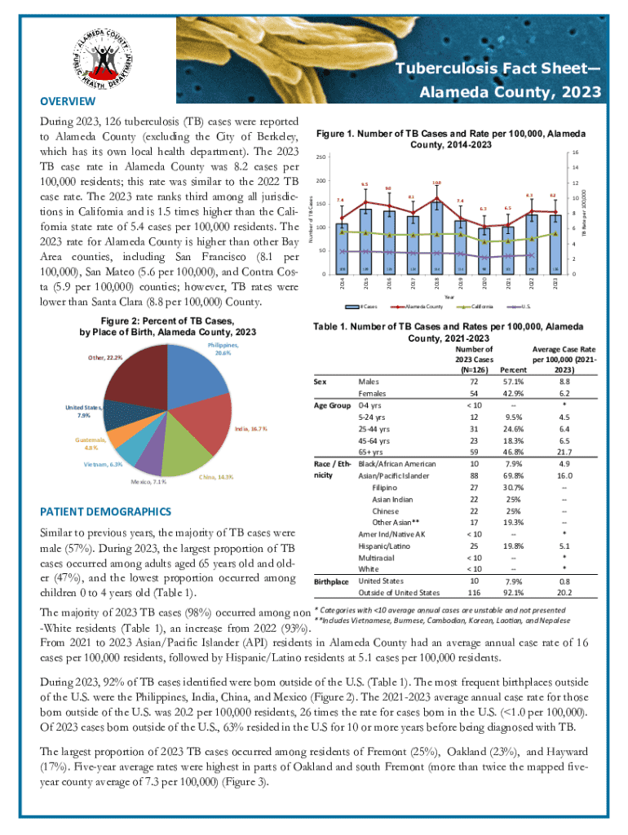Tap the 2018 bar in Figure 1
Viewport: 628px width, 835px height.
[437, 241]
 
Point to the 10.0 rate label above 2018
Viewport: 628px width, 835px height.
[437, 183]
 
